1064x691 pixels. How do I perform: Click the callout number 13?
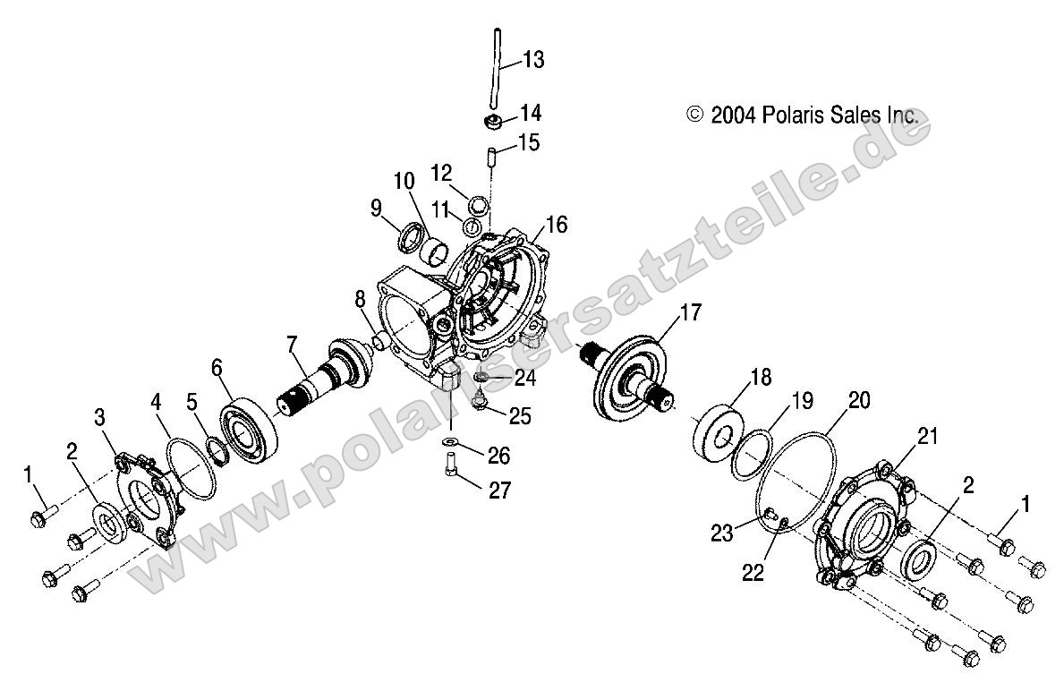[x=533, y=60]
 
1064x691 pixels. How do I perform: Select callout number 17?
[x=690, y=312]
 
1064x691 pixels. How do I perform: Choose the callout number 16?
[x=557, y=225]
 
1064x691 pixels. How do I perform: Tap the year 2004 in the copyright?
[x=734, y=115]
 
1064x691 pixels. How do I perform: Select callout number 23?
[x=721, y=533]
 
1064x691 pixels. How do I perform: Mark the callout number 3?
[x=100, y=416]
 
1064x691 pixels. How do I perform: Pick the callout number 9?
[x=377, y=209]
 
